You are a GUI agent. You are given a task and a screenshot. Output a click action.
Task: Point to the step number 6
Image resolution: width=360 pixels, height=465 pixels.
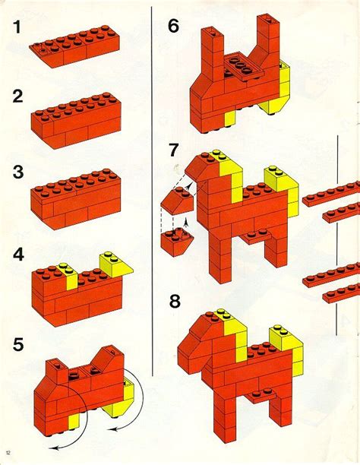point(174,29)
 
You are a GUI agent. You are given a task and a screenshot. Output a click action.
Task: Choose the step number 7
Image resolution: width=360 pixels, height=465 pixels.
point(174,150)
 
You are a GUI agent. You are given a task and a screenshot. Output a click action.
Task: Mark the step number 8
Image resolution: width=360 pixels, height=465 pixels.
point(175,302)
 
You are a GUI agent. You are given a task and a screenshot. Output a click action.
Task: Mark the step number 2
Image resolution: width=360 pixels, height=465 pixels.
point(16,96)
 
